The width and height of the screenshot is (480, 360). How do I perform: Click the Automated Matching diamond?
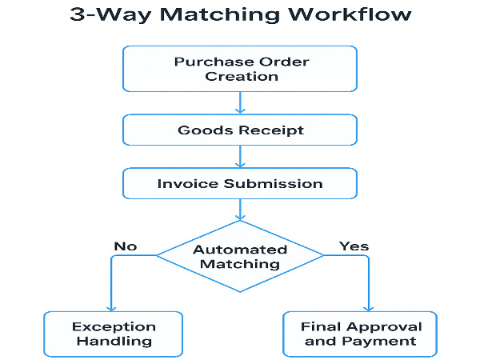point(241,256)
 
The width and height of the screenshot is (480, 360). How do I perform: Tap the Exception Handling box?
point(113,334)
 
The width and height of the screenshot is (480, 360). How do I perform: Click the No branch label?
point(125,246)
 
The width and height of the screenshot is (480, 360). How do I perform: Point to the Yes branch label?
point(354,245)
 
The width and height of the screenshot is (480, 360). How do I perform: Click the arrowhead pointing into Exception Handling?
point(111,306)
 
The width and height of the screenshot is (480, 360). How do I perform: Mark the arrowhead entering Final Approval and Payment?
point(370,306)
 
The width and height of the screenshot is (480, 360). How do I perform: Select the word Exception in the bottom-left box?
point(113,326)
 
